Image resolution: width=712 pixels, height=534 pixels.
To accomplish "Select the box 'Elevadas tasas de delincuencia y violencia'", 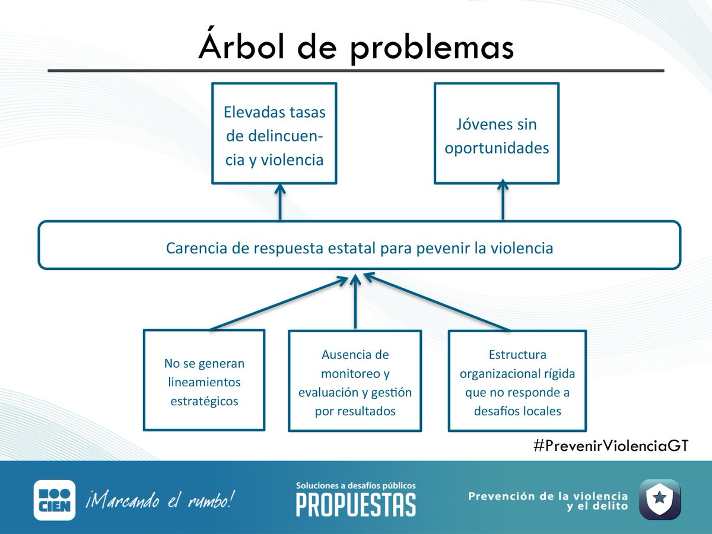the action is click(275, 133).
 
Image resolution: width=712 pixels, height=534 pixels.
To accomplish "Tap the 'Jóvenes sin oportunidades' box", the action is click(497, 133).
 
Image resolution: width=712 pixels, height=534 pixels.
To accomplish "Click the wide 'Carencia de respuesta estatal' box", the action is click(360, 245).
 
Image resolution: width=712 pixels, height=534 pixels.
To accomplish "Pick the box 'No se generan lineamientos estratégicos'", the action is click(204, 380).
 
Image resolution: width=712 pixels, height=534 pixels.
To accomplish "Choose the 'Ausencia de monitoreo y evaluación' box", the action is click(355, 380).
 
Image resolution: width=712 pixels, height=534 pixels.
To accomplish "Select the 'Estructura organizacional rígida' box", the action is click(517, 380).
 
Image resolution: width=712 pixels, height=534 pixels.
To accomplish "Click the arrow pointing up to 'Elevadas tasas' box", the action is click(280, 202).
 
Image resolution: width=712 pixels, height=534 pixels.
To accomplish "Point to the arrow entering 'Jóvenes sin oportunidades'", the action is click(503, 202).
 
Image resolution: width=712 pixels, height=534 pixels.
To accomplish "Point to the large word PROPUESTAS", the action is click(356, 505).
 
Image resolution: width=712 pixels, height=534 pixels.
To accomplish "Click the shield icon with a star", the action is click(659, 499).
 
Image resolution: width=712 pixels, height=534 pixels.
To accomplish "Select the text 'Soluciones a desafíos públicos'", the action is click(356, 485).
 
